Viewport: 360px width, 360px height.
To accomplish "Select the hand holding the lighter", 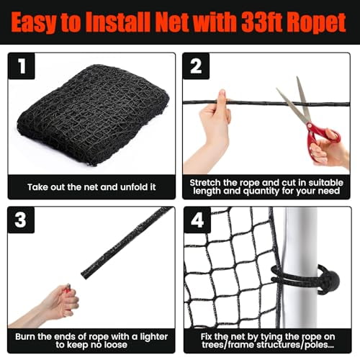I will click(x=55, y=302).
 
